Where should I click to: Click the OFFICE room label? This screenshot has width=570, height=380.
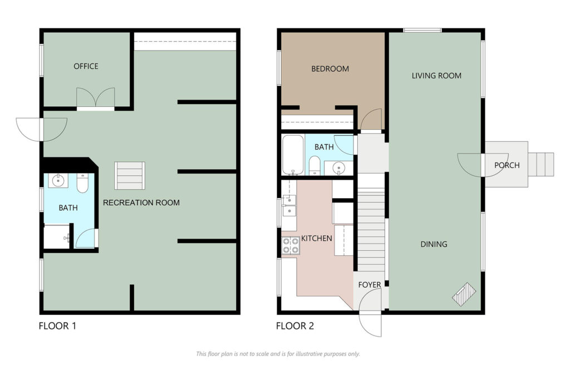click(x=86, y=66)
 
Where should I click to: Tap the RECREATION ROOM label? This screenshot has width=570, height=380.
click(x=141, y=203)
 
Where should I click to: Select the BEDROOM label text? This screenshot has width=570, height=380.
click(x=330, y=68)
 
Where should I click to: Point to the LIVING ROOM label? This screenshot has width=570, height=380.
click(x=436, y=76)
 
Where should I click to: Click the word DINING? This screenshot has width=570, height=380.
click(x=434, y=244)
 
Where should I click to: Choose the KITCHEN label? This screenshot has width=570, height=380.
click(x=317, y=238)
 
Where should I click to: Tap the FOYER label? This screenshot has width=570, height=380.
click(x=370, y=285)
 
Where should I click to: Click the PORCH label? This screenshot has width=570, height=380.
click(x=507, y=165)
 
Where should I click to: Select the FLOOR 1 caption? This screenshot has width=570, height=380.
click(x=57, y=326)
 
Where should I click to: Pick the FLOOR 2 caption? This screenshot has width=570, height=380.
click(x=295, y=326)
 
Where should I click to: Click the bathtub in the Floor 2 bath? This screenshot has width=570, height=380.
click(x=293, y=155)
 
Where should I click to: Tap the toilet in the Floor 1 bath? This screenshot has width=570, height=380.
click(x=82, y=184)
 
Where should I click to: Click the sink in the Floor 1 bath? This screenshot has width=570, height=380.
click(x=58, y=180)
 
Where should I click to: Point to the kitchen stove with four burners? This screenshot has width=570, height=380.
click(x=291, y=245)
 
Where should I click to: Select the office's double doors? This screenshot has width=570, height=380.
click(x=96, y=99)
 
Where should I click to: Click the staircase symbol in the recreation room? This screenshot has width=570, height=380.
click(x=130, y=176)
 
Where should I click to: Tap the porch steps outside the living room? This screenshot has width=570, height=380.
click(x=541, y=165)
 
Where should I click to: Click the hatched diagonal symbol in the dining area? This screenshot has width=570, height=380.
click(x=464, y=294)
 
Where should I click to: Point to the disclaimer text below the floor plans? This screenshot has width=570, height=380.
click(x=278, y=354)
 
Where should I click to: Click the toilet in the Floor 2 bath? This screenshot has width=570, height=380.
click(x=315, y=166)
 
